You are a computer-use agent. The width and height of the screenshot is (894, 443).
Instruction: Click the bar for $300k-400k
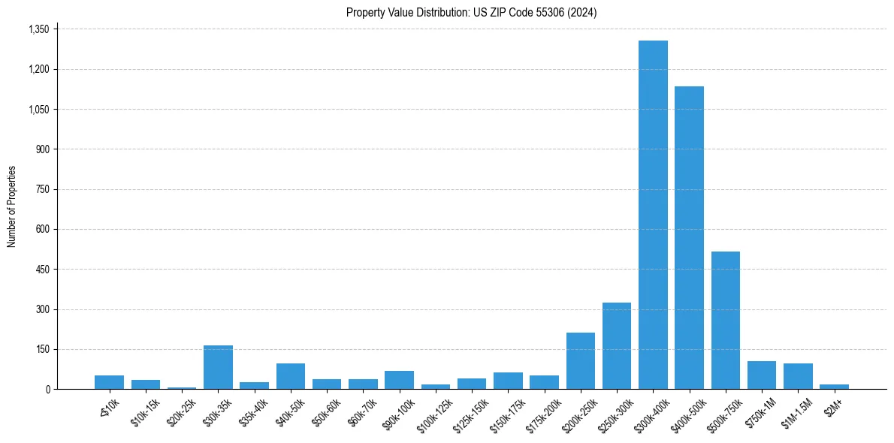point(653,215)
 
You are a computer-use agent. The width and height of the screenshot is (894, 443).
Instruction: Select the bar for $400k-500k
point(689,237)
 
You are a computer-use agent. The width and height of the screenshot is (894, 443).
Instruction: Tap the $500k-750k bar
point(726,320)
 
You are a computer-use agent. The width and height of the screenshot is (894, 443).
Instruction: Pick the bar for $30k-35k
point(218,367)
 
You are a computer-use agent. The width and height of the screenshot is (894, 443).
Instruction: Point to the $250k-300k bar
point(617,345)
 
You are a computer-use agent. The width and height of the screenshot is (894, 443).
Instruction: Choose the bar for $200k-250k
point(581,360)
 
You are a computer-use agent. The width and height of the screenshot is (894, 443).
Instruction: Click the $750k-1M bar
point(762,375)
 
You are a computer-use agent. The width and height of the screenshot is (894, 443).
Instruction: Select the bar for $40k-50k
point(291,376)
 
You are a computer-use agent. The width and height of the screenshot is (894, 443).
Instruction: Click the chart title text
point(471,12)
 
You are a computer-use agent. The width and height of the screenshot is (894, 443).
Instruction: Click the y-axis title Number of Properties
point(12,206)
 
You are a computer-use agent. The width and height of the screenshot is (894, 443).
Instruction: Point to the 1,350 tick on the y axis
point(38,29)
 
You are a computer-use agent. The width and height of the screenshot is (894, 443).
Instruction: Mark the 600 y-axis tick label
point(41,229)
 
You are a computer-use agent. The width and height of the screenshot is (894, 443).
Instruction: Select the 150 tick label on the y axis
point(41,349)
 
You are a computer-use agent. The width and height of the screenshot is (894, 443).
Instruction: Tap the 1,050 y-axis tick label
point(38,109)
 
